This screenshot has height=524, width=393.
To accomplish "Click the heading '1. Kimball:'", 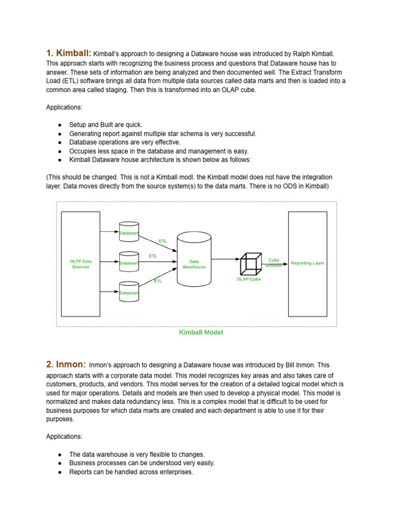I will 69,53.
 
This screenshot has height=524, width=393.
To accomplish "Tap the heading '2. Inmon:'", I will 65,364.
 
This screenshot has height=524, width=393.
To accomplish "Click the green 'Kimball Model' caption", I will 201,332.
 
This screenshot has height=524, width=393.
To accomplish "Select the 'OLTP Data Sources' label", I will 80,264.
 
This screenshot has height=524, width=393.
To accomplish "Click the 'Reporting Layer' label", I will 308,263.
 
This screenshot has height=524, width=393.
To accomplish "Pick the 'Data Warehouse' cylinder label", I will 194,264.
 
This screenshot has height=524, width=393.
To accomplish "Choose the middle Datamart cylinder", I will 129,262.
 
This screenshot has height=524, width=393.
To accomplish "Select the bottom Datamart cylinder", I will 129,292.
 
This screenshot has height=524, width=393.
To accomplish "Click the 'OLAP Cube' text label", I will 249,279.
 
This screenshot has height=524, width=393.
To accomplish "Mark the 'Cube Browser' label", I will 274,263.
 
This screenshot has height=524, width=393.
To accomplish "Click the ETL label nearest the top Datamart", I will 163,241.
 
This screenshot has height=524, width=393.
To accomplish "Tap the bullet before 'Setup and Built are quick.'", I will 60,125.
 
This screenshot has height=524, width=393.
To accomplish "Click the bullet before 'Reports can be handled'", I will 60,472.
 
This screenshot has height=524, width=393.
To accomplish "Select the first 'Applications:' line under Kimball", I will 64,108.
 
